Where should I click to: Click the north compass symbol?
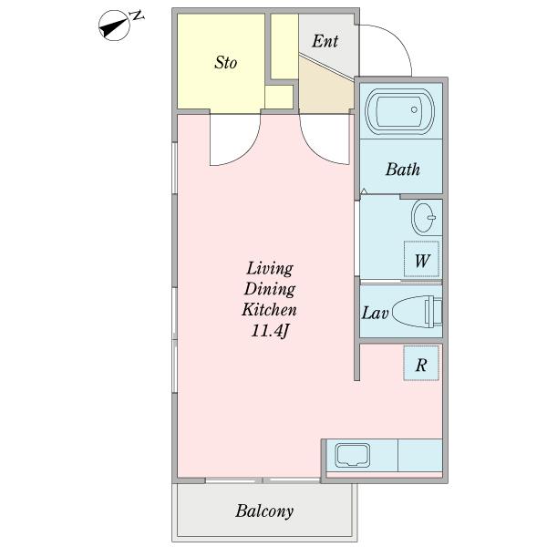[115, 26]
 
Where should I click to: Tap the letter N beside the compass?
[137, 15]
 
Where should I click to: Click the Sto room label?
[226, 62]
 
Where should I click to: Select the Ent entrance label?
[325, 41]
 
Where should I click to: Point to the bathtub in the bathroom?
[400, 111]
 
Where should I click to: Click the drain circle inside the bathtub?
[414, 109]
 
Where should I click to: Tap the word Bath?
[403, 170]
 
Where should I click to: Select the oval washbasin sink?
[424, 217]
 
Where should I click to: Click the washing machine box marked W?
[421, 259]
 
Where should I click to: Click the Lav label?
[375, 313]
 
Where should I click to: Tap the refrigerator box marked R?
[421, 363]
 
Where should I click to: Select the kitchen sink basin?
[352, 455]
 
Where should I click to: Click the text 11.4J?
[271, 331]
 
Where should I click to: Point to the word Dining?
[270, 290]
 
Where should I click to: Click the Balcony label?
[264, 511]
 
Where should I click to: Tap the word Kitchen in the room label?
[269, 309]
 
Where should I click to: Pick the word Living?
[270, 269]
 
